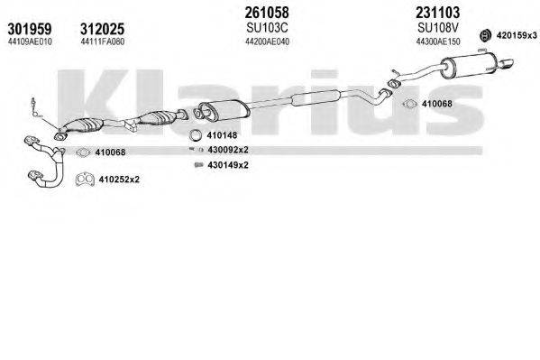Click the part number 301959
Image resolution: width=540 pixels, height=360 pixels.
tap(30, 29)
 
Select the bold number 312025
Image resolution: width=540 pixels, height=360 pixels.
tap(102, 29)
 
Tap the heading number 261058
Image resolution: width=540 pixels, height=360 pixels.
tap(267, 13)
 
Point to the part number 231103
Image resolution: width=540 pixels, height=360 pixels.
tap(438, 13)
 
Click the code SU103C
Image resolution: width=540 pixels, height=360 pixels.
tap(267, 28)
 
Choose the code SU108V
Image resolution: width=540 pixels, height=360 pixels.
tap(438, 28)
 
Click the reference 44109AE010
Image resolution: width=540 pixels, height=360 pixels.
tap(30, 42)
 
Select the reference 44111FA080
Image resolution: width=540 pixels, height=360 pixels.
tap(103, 42)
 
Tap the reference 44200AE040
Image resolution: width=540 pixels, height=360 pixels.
tap(267, 42)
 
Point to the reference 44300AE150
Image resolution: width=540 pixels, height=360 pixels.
tap(438, 42)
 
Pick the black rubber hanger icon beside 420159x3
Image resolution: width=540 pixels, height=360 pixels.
tap(486, 35)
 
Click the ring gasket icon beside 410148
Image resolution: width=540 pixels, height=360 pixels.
tap(196, 135)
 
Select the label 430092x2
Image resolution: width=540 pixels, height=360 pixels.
tap(228, 150)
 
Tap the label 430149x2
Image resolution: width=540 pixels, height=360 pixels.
tap(228, 165)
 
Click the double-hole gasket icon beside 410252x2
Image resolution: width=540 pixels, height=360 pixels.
tap(85, 180)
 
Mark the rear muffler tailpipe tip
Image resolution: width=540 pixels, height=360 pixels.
tap(507, 63)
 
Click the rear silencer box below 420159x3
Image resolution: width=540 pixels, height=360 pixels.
tap(470, 66)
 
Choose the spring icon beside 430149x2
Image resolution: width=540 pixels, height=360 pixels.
tap(198, 165)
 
